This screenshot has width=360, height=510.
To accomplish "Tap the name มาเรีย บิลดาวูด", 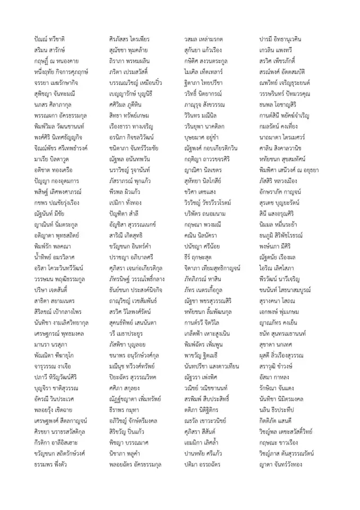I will click(x=52, y=159).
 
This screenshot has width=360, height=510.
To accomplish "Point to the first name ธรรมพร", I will click(x=43, y=464).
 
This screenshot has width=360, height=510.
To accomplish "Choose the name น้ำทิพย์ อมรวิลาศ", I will click(x=56, y=257).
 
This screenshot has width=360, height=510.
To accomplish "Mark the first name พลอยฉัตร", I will click(x=121, y=464).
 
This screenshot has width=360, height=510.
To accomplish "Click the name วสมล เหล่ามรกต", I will click(x=203, y=39).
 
